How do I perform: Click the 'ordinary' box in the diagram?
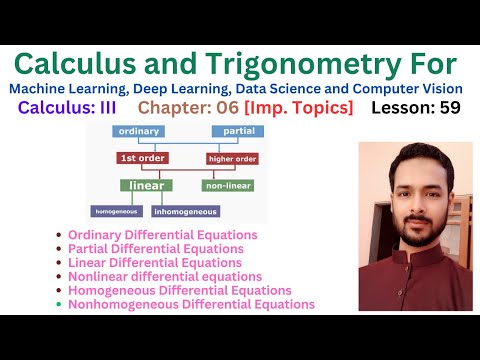coord(139,132)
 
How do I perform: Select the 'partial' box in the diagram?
coord(237,132)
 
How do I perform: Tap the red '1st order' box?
coord(143,158)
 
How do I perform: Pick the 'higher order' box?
coord(232,158)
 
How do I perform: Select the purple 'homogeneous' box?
coord(118,211)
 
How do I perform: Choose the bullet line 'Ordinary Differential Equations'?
coord(162,235)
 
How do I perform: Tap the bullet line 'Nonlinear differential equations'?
coord(165,276)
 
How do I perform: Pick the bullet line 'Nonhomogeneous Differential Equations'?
coord(191,304)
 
